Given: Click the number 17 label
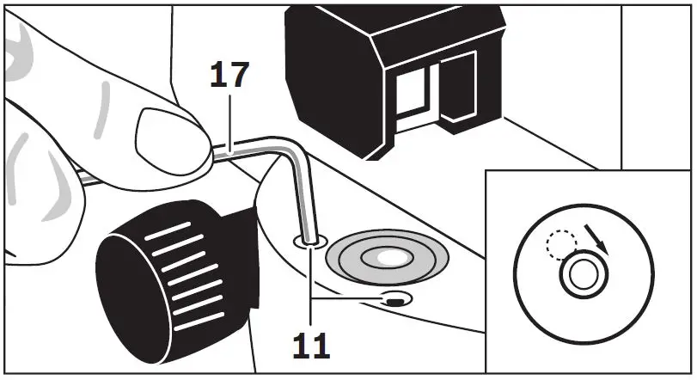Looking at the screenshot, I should click(x=229, y=77).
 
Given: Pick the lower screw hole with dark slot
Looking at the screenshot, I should click(x=394, y=300).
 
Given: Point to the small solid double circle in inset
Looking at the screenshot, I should click(x=584, y=276).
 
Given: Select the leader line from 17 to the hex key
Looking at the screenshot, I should click(x=231, y=121).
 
